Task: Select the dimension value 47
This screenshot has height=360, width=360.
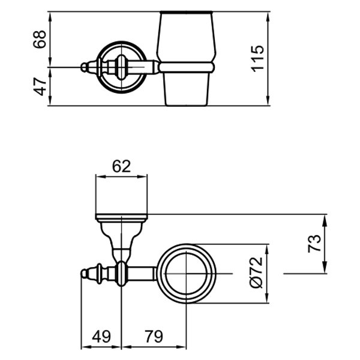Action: [x=40, y=86]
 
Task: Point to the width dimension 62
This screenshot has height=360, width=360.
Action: [x=121, y=167]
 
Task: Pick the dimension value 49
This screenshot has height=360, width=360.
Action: [x=101, y=336]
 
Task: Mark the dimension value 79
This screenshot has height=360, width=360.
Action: [x=154, y=336]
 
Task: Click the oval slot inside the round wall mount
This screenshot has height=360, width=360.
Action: [x=121, y=65]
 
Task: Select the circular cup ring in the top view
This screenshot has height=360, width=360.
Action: [x=187, y=274]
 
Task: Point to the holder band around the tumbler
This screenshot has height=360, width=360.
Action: [x=187, y=66]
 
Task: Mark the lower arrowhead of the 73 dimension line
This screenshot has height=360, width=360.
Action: [x=325, y=269]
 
